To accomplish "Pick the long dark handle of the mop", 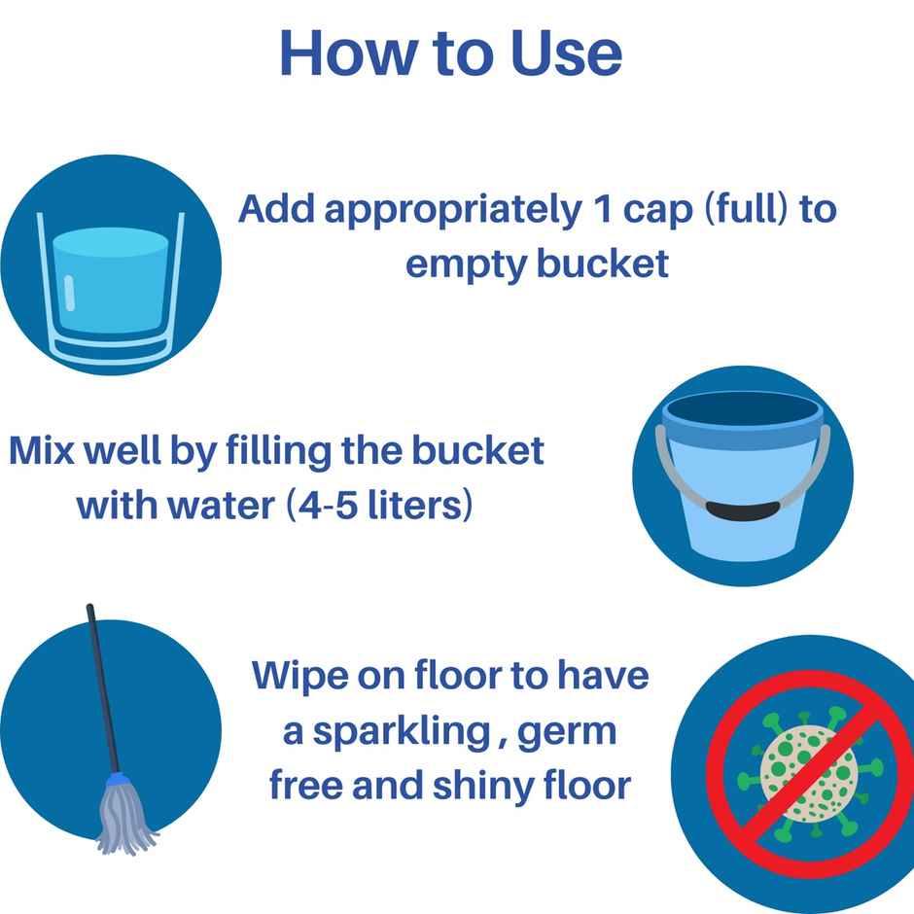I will tap(102, 681).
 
